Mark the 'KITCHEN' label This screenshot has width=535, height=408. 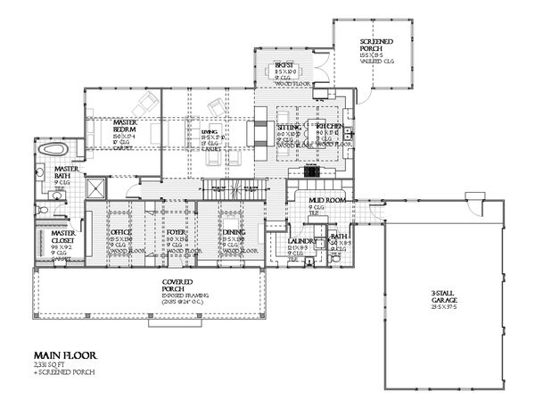pyautogui.click(x=329, y=128)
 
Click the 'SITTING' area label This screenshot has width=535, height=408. pyautogui.click(x=289, y=128)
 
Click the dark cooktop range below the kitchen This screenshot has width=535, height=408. pyautogui.click(x=312, y=167)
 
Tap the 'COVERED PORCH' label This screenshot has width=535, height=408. pyautogui.click(x=174, y=286)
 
